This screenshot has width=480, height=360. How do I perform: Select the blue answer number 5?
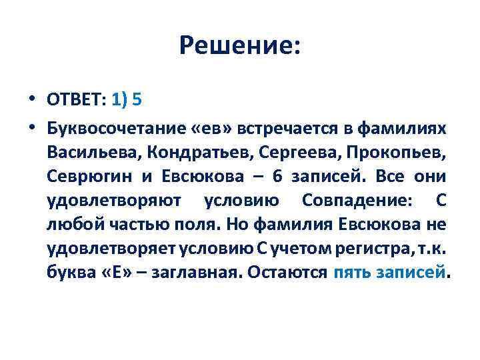[x=137, y=99]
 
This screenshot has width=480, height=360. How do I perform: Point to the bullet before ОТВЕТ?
[x=31, y=99]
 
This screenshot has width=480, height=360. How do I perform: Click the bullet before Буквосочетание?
[x=31, y=126]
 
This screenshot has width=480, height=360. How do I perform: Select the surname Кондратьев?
[x=188, y=151]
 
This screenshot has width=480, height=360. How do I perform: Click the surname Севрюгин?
[x=87, y=176]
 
